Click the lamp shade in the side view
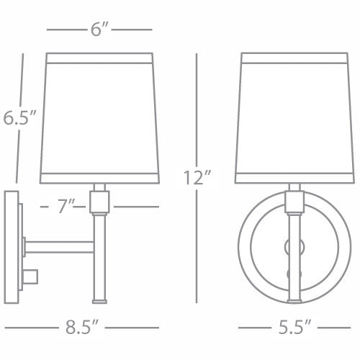99,115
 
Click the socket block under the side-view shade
99,202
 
